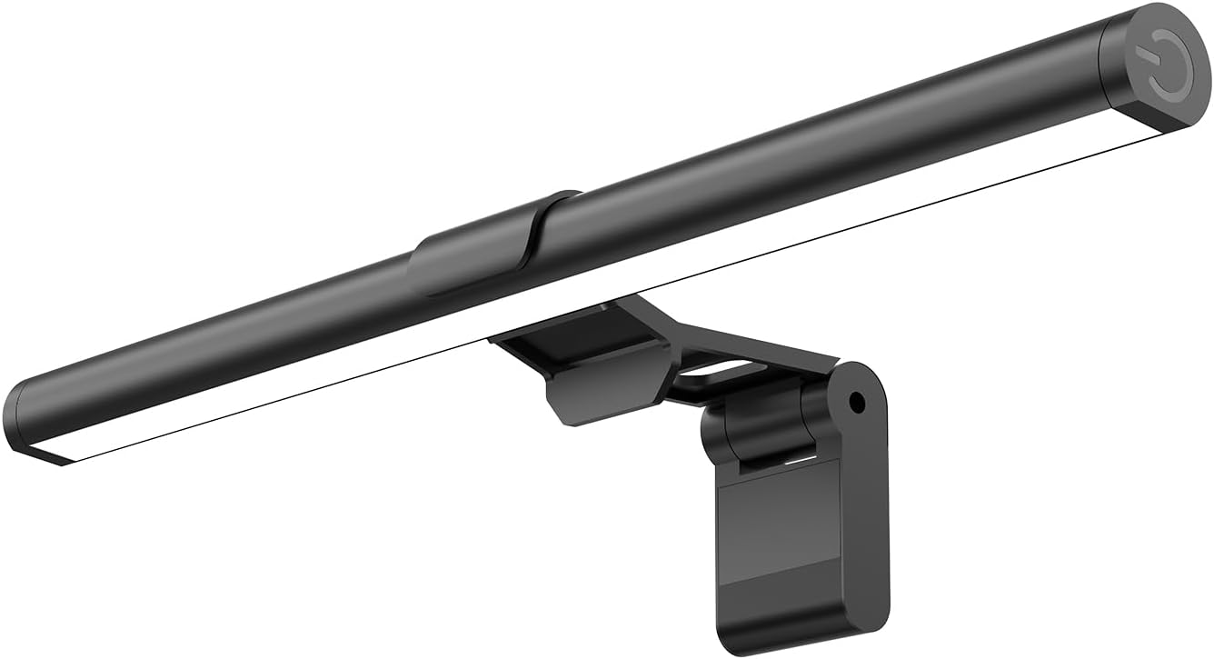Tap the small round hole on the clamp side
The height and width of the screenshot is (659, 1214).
(855, 399)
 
